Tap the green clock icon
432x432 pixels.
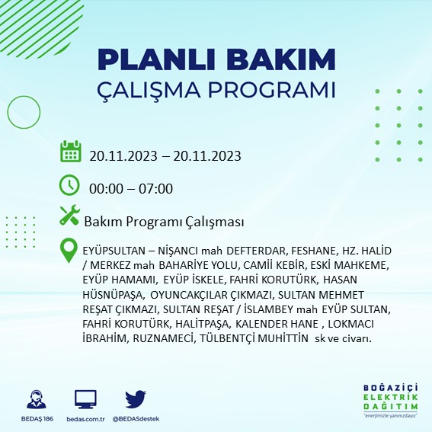[69, 184]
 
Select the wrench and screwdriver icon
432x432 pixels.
[69, 216]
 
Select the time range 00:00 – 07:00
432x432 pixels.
[131, 189]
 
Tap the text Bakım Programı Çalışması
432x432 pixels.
[164, 222]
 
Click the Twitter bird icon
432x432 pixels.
[136, 398]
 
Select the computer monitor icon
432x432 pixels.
[85, 398]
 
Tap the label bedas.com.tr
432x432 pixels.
[85, 419]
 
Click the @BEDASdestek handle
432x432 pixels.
[135, 419]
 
